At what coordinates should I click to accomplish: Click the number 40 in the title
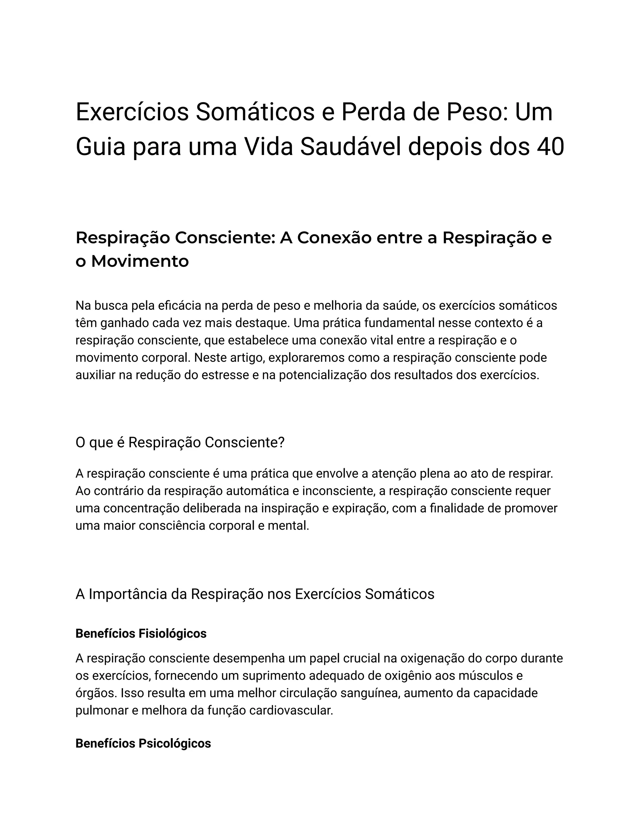(x=550, y=147)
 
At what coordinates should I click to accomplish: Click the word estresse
(x=224, y=375)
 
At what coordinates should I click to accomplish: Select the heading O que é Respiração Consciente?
(x=180, y=442)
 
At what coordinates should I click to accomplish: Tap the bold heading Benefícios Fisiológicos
(x=141, y=634)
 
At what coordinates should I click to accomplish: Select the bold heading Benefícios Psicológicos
(x=143, y=743)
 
